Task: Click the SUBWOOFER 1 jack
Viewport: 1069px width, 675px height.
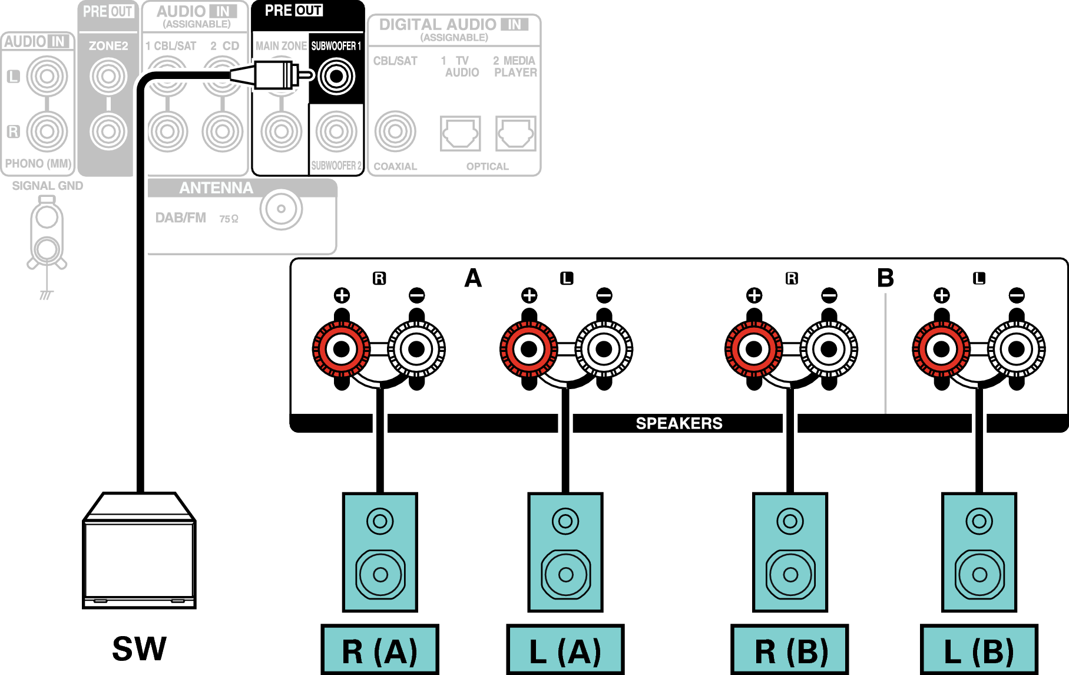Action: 336,76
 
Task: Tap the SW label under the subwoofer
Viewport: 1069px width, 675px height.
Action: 139,648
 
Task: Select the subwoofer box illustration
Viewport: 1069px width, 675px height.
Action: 139,554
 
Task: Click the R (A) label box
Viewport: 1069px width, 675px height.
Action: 380,650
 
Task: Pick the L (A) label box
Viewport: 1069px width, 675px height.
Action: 565,650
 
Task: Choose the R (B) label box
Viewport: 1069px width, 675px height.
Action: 790,650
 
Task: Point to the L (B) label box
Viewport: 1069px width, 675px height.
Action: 979,650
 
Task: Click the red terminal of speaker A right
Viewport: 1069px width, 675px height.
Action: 342,349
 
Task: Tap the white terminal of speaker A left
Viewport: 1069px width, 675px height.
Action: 604,349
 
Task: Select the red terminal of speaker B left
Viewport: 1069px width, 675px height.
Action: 941,349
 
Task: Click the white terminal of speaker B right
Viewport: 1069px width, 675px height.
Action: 829,349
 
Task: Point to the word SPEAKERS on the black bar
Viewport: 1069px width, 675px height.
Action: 679,423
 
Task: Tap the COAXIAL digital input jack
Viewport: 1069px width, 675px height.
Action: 395,131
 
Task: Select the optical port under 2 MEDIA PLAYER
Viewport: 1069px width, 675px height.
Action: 515,133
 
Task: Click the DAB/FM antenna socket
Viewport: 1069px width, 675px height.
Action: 281,209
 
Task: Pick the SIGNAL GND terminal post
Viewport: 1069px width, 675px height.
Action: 47,236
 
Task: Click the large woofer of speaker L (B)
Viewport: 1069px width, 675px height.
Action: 979,574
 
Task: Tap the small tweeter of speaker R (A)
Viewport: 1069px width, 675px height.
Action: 380,521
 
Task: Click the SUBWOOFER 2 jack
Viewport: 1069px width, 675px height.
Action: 336,131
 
